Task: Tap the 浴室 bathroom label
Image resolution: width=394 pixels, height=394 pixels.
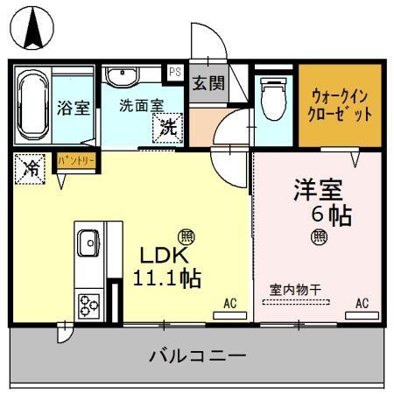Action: coord(74,109)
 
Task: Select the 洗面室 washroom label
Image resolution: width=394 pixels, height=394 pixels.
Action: coord(140,104)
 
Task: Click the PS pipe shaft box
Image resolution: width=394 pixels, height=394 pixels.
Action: coord(175,73)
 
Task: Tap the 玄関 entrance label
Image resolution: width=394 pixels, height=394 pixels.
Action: coord(208,85)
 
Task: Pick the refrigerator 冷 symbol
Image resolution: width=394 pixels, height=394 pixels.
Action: coord(31,167)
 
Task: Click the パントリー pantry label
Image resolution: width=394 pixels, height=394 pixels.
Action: coord(77,161)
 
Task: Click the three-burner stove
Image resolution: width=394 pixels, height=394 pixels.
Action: coord(88,304)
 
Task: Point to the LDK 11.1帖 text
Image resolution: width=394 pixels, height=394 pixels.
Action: coord(166,266)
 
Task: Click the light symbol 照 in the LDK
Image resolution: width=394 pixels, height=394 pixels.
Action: coord(186,236)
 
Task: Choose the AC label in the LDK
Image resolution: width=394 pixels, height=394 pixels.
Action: coord(230,304)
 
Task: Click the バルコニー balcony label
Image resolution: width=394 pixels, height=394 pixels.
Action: coord(198,357)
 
